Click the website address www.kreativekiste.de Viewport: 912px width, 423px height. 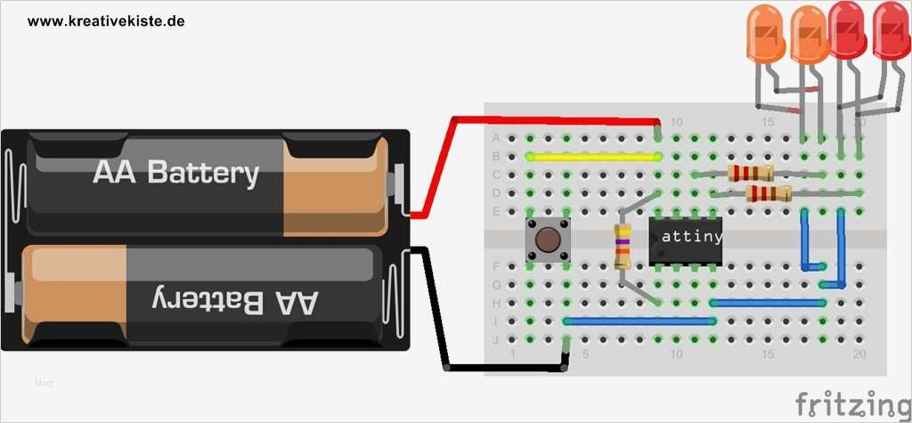106,20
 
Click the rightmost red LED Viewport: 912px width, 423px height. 892,31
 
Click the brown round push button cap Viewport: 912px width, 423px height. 547,239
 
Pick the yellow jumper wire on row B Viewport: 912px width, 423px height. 592,156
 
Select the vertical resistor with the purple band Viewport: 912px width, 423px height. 623,247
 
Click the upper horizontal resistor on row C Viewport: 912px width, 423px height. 750,174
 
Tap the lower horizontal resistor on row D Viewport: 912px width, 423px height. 768,193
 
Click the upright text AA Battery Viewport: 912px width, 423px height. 175,173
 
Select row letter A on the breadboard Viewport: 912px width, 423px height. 496,138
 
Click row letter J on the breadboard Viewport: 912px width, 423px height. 496,338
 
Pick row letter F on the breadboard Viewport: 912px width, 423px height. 496,266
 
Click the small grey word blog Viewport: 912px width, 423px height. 44,383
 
